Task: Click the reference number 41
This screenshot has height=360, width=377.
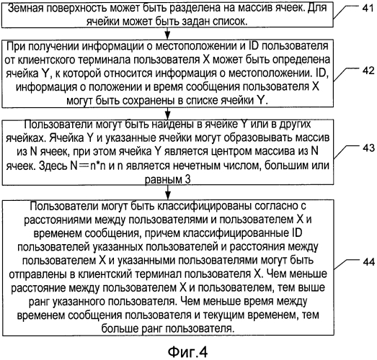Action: [x=368, y=8]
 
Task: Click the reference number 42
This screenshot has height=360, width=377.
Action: [x=368, y=71]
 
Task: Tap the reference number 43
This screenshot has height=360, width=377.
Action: [x=368, y=148]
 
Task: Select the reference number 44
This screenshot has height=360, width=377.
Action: [x=368, y=261]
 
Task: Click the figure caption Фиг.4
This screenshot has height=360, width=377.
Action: [x=187, y=351]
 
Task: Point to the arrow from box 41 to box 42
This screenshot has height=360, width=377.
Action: [x=167, y=33]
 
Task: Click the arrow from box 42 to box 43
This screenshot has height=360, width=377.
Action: [x=167, y=113]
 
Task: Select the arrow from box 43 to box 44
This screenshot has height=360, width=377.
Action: [x=167, y=192]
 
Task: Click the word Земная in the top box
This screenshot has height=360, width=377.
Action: [x=25, y=9]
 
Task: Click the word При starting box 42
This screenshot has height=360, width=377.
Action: [x=15, y=46]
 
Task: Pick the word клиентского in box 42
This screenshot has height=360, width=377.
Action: [x=48, y=60]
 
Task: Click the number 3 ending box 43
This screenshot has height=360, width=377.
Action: [x=187, y=179]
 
